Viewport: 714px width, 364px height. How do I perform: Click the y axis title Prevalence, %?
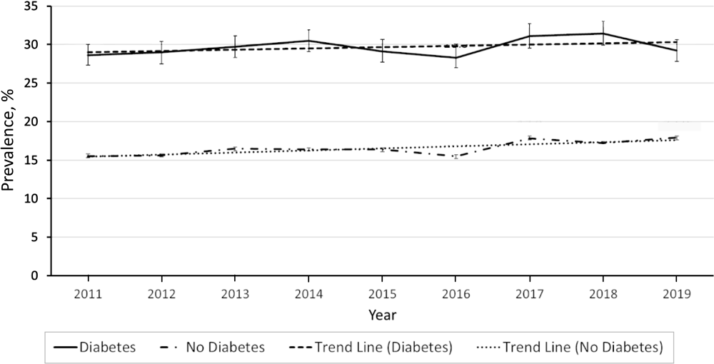point(10,141)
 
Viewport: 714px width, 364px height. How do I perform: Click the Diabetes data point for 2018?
point(603,34)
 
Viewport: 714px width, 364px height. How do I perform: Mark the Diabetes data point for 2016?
point(456,58)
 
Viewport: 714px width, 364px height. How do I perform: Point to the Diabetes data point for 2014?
point(308,41)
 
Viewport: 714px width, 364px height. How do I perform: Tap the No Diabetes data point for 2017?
point(529,138)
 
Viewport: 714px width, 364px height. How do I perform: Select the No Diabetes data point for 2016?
point(456,156)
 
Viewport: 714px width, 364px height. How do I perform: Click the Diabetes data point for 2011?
point(88,55)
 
